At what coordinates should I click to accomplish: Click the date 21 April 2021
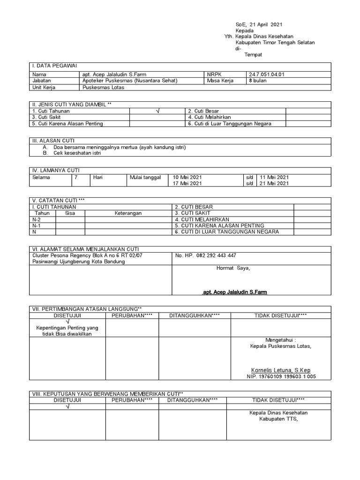tap(266, 24)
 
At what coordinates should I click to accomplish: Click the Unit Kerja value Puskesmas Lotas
tap(100, 87)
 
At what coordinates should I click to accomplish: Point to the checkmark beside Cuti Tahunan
tap(157, 111)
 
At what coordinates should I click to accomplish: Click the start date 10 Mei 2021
tap(187, 177)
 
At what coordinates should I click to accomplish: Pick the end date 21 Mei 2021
tap(274, 183)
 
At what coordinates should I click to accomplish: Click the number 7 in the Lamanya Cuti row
tap(76, 177)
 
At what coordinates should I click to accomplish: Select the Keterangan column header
tap(128, 213)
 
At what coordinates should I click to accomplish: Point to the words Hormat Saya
tap(233, 268)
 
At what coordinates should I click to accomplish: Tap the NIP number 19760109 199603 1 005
tap(281, 376)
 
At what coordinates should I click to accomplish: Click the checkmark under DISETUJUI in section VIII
tap(67, 406)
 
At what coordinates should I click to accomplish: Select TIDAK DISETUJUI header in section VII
tap(280, 315)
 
